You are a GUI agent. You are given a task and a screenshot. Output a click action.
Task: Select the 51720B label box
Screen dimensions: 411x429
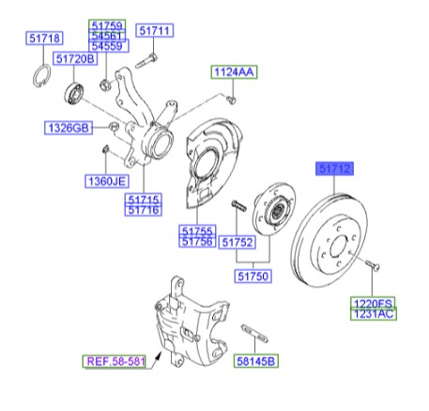click(75, 59)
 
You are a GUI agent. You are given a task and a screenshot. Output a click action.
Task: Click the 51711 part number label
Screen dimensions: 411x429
click(155, 31)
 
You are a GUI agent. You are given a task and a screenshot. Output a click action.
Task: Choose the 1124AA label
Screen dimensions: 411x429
click(233, 72)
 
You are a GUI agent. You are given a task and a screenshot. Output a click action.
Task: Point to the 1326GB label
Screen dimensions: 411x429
click(69, 126)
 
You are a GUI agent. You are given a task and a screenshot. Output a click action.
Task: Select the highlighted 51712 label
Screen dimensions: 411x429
click(333, 169)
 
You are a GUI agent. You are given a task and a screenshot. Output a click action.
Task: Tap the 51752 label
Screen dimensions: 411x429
click(239, 242)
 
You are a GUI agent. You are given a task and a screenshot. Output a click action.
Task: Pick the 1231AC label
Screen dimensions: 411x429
click(373, 314)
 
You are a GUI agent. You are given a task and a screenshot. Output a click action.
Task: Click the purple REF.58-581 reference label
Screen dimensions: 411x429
click(113, 360)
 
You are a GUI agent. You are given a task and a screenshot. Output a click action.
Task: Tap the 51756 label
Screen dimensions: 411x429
click(198, 242)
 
